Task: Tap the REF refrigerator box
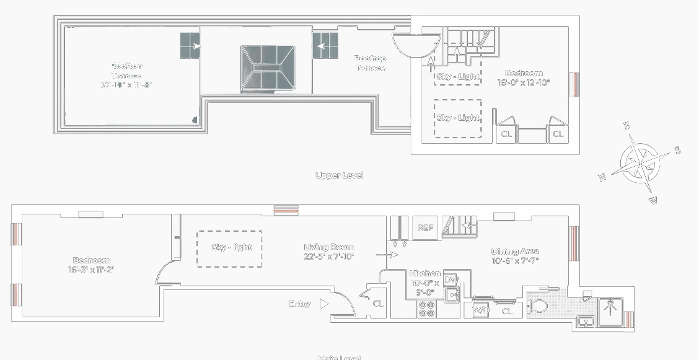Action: tap(425, 228)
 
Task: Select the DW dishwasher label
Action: tap(451, 279)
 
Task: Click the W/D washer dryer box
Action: tap(481, 310)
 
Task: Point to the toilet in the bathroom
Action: tap(538, 305)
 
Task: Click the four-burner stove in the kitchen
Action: tap(426, 308)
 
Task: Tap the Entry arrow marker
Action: tap(324, 304)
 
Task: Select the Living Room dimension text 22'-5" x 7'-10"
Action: tap(329, 257)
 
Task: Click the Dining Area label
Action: tap(515, 251)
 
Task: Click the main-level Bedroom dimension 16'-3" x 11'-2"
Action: tap(92, 270)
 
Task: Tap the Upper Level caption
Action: tap(339, 175)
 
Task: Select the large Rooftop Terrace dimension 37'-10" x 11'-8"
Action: tap(126, 84)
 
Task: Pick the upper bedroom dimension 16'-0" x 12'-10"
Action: tap(524, 82)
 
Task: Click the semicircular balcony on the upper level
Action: tap(416, 45)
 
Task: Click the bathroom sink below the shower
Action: tap(584, 322)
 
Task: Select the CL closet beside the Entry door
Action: tap(378, 304)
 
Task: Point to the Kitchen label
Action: tap(425, 273)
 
